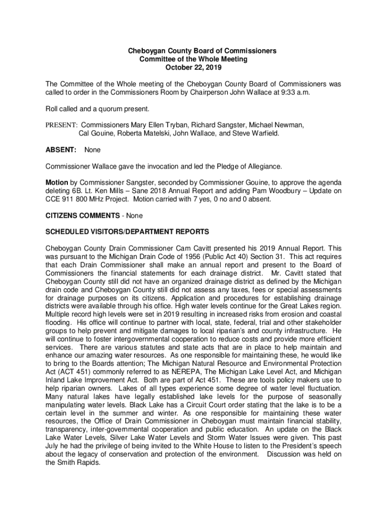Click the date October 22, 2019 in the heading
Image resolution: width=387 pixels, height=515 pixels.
click(193, 67)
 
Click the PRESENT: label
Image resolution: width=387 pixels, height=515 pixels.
click(61, 125)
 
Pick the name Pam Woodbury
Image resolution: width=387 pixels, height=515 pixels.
click(275, 191)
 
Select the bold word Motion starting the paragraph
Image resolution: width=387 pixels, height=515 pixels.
click(57, 183)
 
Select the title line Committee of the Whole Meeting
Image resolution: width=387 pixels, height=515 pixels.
click(193, 59)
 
